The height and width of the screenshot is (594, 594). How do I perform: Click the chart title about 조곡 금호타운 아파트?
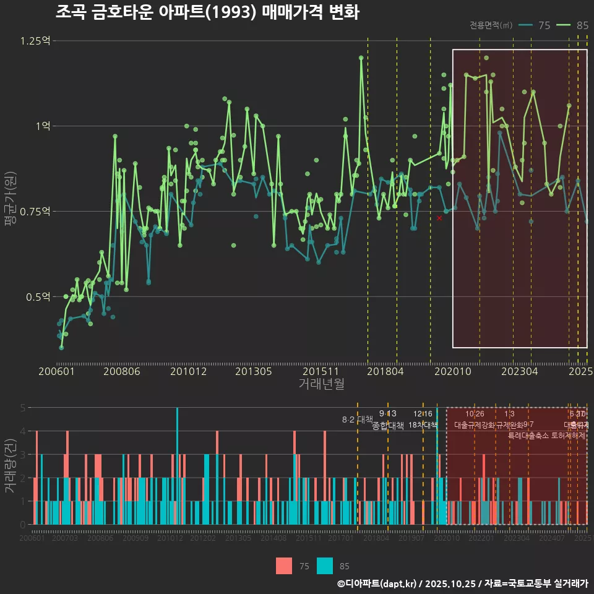pos(207,12)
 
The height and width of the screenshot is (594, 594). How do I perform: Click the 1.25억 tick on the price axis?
pos(36,41)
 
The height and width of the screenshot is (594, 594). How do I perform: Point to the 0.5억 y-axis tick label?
pos(38,297)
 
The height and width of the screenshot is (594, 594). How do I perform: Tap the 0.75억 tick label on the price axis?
pos(36,212)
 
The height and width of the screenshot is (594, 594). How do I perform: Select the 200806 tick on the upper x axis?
pos(121,371)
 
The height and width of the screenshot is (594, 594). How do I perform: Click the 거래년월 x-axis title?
pos(321,384)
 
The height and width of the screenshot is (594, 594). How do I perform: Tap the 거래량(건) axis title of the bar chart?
pos(10,465)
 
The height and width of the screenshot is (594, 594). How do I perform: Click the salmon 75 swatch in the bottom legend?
pos(284,566)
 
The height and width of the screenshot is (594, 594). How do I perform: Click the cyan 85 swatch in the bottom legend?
pos(325,566)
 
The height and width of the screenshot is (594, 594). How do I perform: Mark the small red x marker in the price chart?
pos(439,218)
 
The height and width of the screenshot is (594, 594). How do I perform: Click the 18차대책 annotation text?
pos(423,425)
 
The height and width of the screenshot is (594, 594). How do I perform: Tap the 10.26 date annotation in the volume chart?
pos(475,414)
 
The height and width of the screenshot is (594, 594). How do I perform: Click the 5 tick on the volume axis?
pos(23,408)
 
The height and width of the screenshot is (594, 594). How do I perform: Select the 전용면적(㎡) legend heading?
pos(491,25)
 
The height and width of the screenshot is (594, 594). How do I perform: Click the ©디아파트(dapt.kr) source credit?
pos(379,583)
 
